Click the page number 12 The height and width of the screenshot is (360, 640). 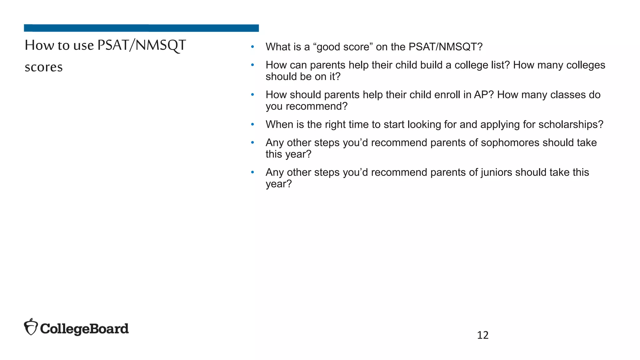pos(482,335)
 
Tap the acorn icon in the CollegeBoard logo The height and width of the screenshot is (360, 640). pos(31,327)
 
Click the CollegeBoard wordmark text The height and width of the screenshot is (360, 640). pos(84,329)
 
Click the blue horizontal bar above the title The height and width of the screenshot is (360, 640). pos(141,28)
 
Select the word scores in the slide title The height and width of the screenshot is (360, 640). pos(44,67)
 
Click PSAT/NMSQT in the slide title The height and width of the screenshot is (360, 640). pos(142,45)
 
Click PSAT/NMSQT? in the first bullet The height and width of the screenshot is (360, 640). pos(445,47)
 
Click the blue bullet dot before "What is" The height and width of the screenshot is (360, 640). pos(252,47)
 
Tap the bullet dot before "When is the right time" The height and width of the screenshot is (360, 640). pos(252,124)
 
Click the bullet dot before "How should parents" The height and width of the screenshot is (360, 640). pos(252,95)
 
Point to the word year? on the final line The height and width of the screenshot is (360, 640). pos(278,184)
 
